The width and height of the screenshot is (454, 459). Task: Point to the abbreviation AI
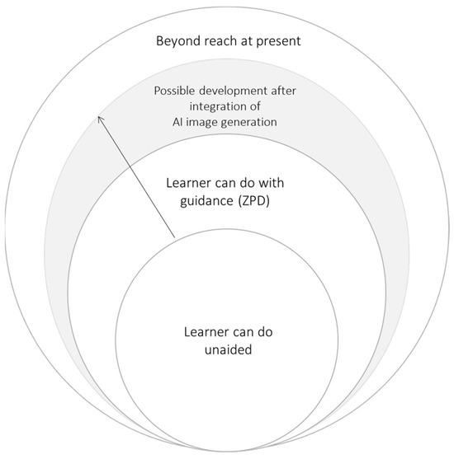(x=167, y=122)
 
